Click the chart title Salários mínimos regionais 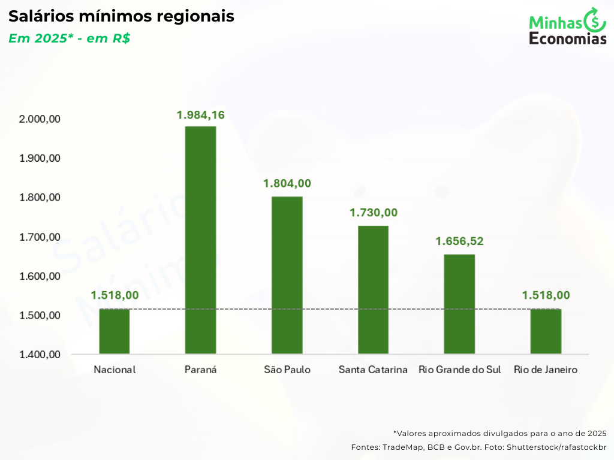pos(121,16)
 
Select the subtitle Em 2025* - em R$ pos(70,38)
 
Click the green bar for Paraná pos(200,240)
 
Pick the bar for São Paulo pos(287,275)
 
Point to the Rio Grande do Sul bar pos(459,304)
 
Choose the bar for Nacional pos(115,331)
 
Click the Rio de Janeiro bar pos(546,331)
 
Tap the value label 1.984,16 pos(200,115)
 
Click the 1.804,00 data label pos(287,183)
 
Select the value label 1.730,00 pos(374,213)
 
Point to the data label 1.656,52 pos(459,241)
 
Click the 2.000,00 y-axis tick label pos(40,119)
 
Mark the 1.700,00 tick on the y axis pos(40,237)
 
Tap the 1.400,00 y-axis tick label pos(40,355)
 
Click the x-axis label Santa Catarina pos(373,370)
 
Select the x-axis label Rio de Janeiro pos(546,370)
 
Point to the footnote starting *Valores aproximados pos(500,433)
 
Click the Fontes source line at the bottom pos(478,447)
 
